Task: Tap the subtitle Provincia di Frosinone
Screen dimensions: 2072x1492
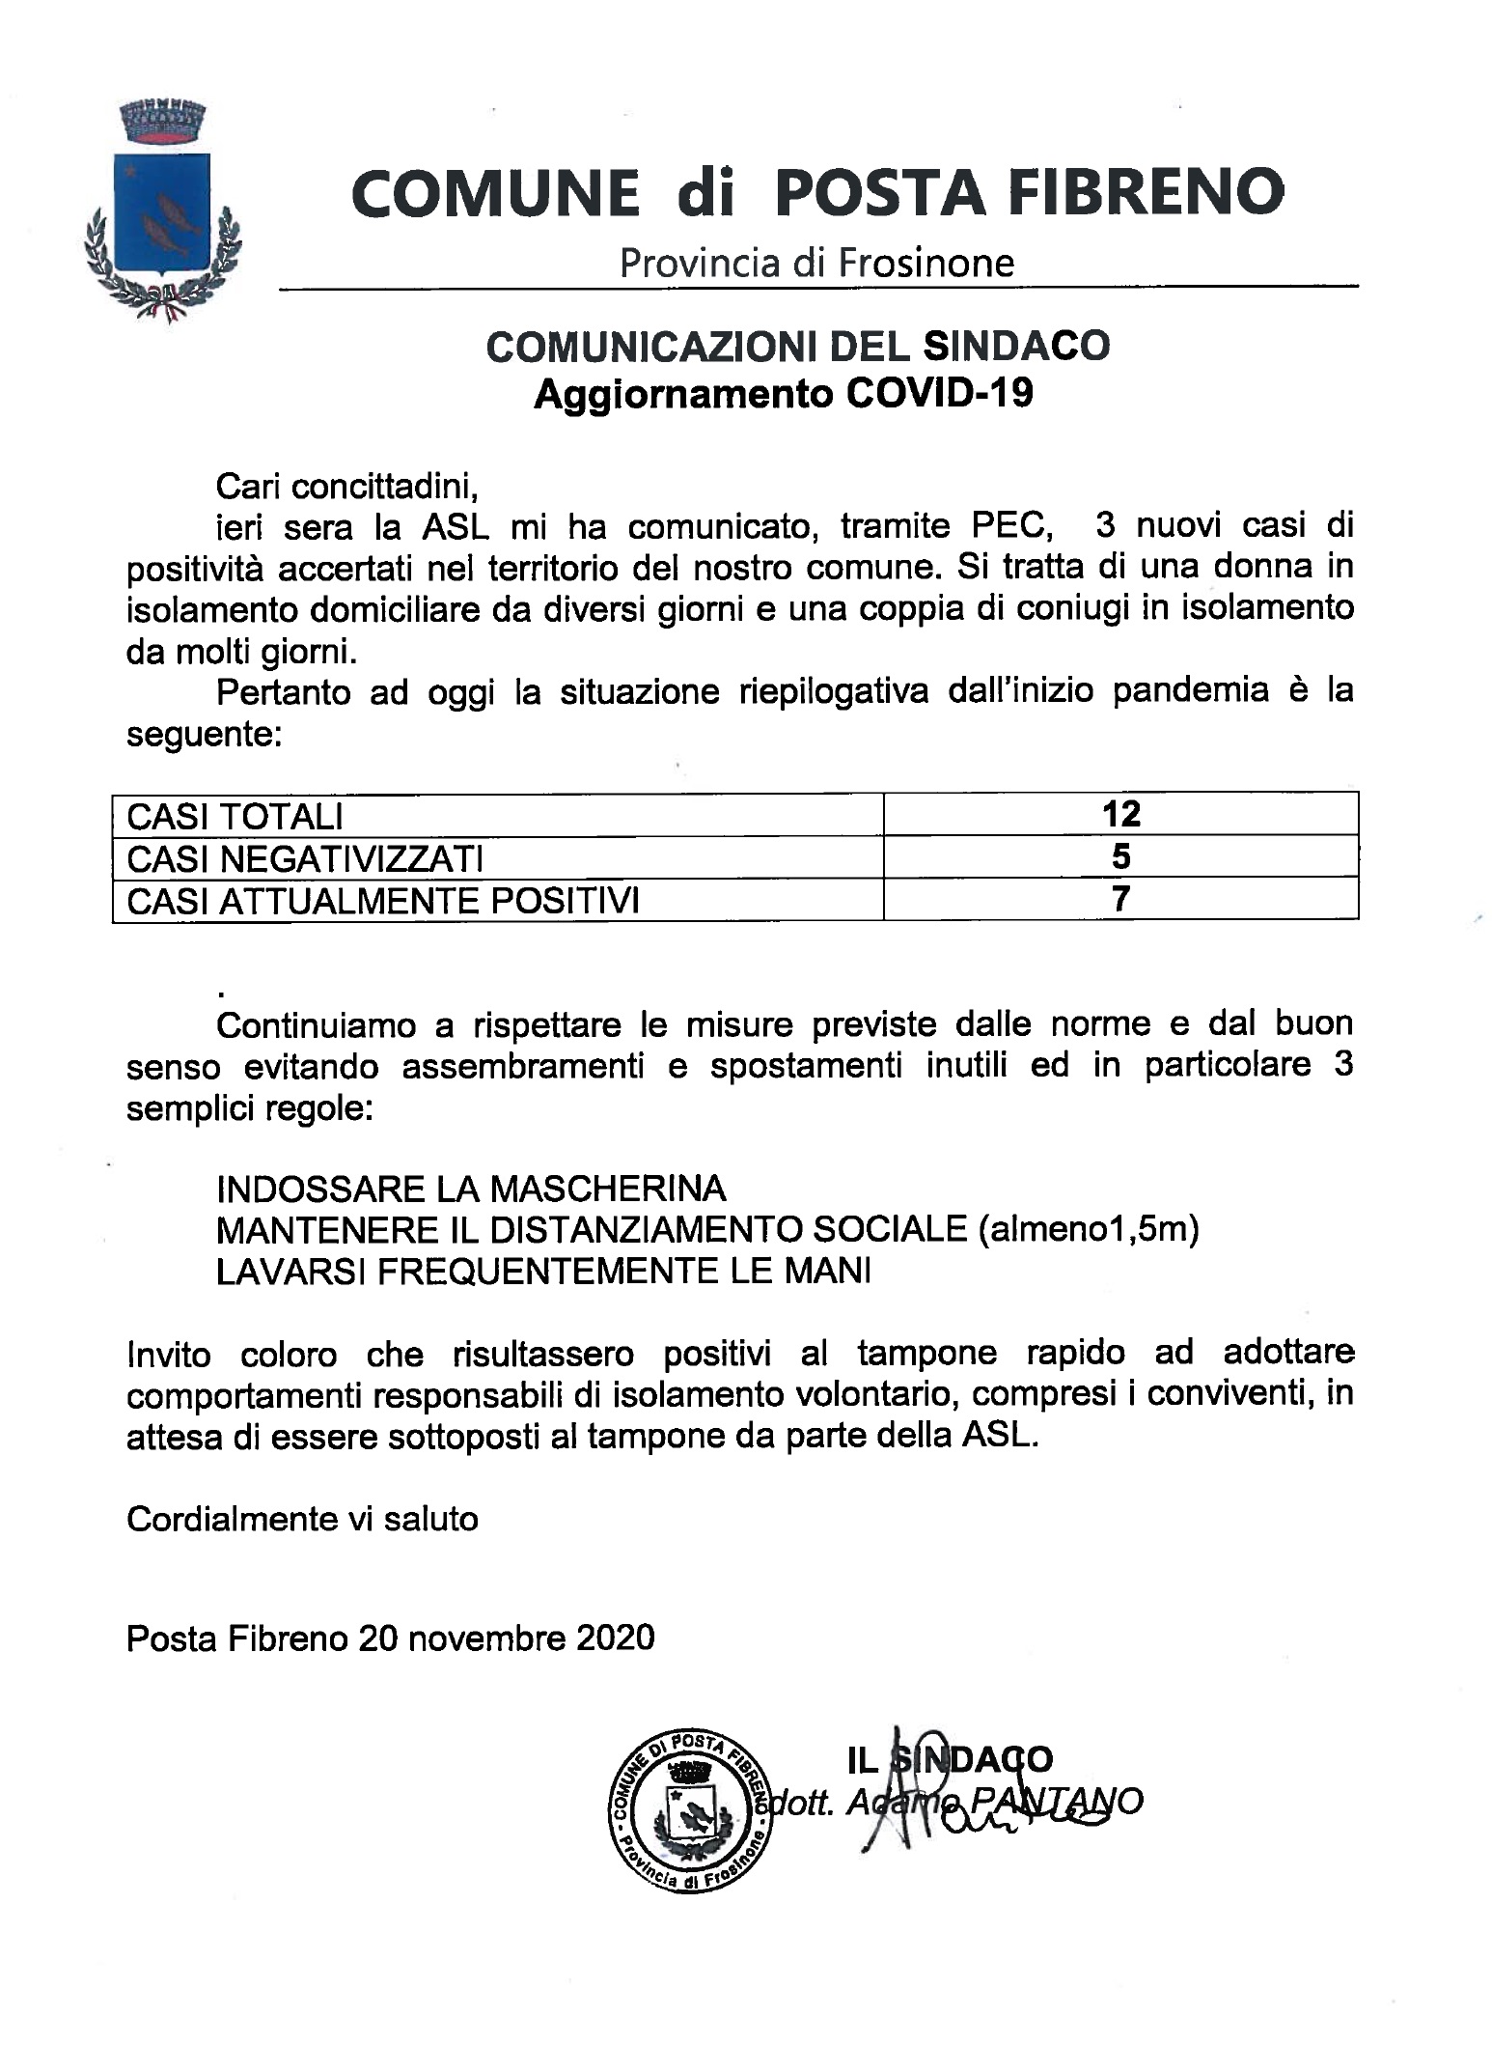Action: pos(816,263)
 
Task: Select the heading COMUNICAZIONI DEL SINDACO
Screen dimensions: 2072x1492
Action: pos(798,347)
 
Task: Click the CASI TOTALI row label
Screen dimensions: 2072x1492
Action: pos(235,817)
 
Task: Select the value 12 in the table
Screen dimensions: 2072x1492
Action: pos(1121,814)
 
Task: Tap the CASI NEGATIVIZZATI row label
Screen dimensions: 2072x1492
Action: pos(305,858)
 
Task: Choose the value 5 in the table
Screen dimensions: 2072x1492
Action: pos(1121,856)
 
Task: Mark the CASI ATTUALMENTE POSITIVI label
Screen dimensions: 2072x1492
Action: pos(383,901)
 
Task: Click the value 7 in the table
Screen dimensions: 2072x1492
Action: pos(1121,899)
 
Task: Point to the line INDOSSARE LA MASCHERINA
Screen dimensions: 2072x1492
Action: pos(471,1188)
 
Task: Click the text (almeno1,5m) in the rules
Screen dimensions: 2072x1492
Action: pos(1088,1230)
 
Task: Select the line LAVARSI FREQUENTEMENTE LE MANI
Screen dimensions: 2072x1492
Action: pos(543,1272)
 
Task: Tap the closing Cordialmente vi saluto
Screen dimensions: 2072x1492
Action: pos(302,1519)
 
